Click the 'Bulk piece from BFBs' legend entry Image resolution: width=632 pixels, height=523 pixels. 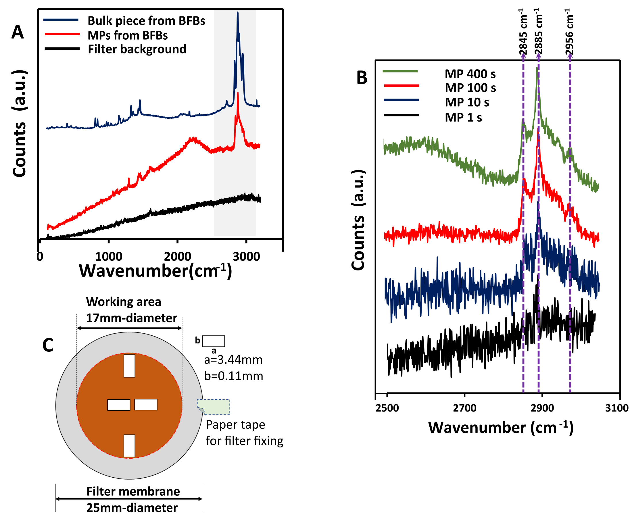[146, 21]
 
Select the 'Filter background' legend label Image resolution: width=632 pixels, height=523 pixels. [137, 49]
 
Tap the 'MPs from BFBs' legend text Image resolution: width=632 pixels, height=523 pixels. [128, 36]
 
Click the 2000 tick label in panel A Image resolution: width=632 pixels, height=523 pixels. [177, 257]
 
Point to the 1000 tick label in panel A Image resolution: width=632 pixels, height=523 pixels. [109, 257]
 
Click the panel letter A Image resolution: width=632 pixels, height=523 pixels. [18, 32]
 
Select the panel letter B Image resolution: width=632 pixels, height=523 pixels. [362, 78]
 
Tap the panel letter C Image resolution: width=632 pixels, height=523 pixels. [48, 345]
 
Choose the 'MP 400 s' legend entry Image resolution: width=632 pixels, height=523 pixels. [470, 74]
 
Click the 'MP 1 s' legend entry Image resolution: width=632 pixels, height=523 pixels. [463, 117]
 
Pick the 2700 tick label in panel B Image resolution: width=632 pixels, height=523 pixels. [464, 408]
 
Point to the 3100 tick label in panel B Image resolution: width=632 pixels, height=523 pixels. [617, 408]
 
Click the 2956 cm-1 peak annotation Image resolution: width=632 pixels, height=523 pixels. [569, 32]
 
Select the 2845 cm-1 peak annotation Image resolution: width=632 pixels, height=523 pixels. [523, 32]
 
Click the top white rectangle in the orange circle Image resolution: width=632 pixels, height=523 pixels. [129, 366]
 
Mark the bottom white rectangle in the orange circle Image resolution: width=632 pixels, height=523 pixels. [129, 446]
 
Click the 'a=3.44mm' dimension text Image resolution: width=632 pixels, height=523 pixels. [233, 360]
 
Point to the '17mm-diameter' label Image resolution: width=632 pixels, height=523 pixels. [132, 318]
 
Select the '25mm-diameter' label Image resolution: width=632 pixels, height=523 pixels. [132, 508]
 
